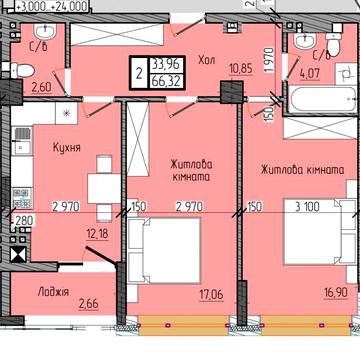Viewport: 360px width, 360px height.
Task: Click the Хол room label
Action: tap(207, 59)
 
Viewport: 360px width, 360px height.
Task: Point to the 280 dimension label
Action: tap(23, 221)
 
